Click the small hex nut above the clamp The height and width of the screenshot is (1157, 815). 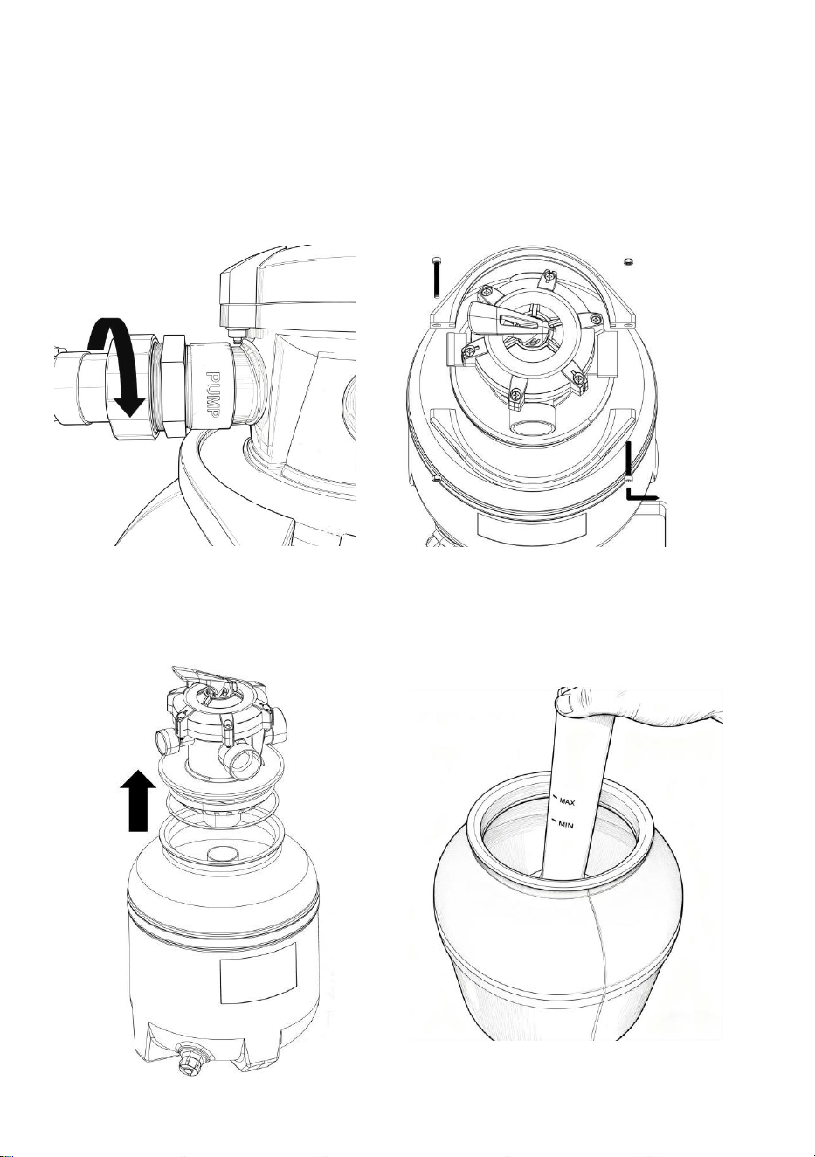(627, 261)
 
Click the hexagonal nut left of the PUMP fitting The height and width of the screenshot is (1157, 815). (173, 381)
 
